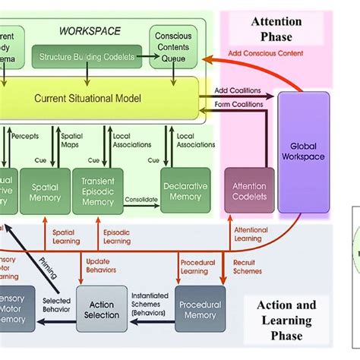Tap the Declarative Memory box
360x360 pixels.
pos(185,191)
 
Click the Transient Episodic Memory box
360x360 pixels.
pos(97,191)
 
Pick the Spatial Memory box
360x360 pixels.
pos(44,191)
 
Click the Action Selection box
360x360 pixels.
pos(101,309)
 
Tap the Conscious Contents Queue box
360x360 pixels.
pos(173,46)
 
